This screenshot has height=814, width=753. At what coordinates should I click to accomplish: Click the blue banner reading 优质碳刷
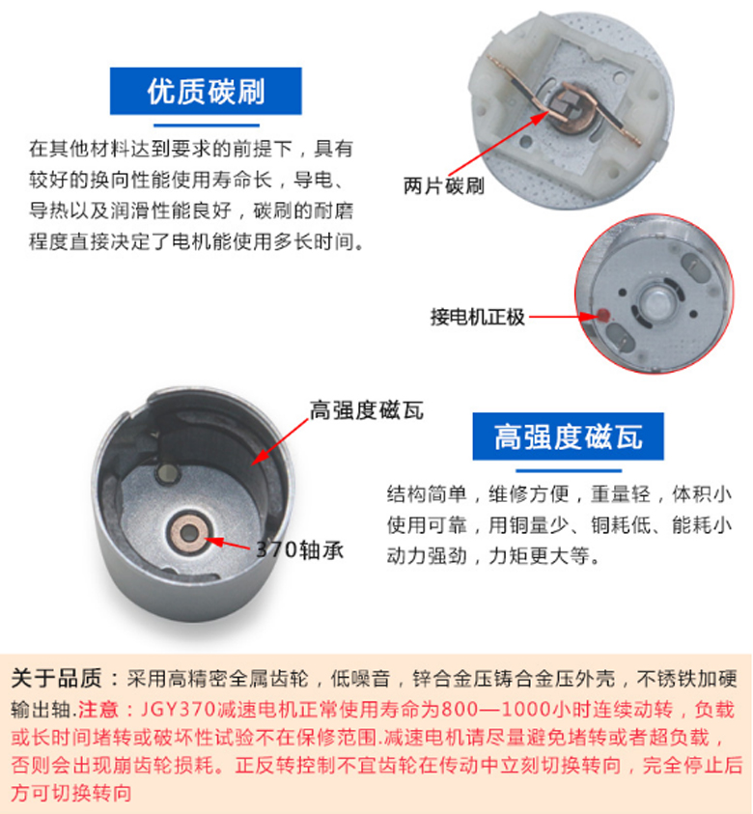206,91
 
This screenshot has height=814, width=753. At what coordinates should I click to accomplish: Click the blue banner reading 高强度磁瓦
568,436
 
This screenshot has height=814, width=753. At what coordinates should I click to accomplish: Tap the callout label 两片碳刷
444,185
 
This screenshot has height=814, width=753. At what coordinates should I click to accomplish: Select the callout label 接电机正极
478,317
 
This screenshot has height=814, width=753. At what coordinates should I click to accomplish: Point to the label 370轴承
300,549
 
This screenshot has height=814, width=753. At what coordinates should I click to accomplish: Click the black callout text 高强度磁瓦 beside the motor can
367,410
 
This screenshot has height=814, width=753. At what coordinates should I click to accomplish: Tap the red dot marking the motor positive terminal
603,315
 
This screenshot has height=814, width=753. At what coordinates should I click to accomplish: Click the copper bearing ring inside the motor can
189,532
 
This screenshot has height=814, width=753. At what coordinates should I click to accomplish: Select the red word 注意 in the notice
98,709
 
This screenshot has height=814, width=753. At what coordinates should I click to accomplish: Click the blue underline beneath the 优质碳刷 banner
207,126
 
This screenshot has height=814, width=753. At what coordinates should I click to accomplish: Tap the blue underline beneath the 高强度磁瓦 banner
569,471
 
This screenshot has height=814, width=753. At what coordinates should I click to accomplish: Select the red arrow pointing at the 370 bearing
229,544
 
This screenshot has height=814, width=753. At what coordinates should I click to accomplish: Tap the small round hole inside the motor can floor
167,472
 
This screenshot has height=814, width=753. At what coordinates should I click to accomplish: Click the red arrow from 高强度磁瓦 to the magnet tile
280,441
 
